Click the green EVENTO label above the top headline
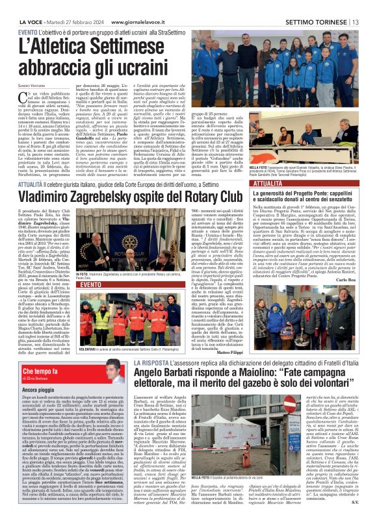point(27,14)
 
